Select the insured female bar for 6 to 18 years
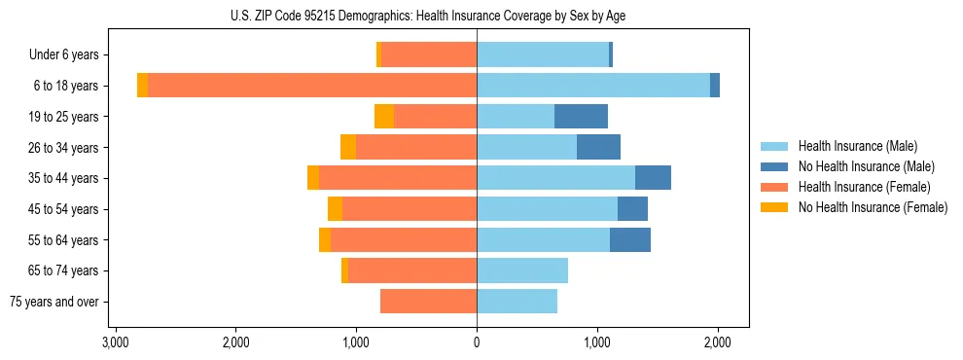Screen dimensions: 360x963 coord(311,86)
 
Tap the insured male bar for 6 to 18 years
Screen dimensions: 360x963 coord(593,86)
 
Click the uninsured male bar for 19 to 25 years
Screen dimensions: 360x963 coord(581,117)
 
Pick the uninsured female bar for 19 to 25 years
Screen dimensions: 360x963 coord(384,117)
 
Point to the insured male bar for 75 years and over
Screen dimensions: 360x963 coord(517,302)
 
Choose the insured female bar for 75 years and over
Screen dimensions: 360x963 coord(428,302)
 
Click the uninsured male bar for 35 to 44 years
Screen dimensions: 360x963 coord(653,178)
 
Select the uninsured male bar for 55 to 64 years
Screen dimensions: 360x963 coord(630,240)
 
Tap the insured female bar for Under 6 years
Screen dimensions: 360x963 coord(429,55)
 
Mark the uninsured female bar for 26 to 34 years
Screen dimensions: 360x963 coord(348,147)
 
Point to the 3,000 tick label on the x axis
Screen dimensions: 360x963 coord(115,342)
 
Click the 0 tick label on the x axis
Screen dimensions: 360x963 coord(477,342)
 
